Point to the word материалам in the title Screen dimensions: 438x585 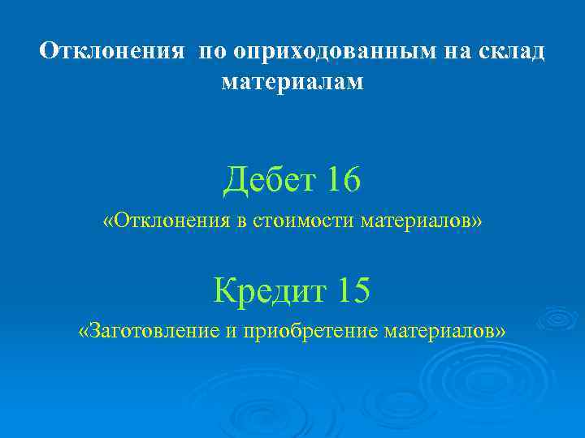click(x=292, y=81)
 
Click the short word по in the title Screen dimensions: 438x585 click(x=210, y=52)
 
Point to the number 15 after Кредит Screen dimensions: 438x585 click(x=350, y=290)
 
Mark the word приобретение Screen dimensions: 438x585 click(x=306, y=331)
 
